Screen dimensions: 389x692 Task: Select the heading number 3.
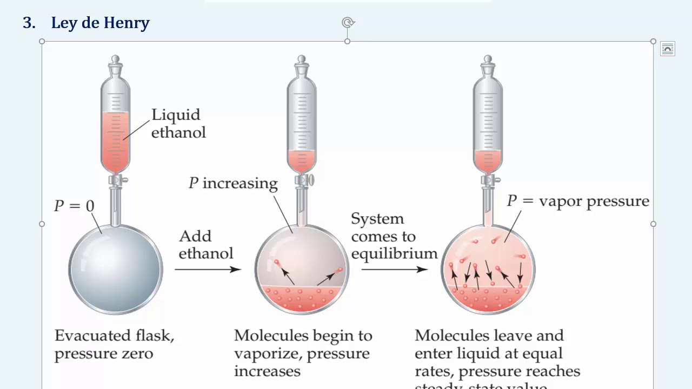tap(29, 23)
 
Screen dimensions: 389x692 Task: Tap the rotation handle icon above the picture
tap(348, 22)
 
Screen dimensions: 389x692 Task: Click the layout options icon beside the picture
tap(668, 49)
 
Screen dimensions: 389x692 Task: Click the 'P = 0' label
tap(74, 206)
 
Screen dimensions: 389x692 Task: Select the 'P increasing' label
tap(233, 183)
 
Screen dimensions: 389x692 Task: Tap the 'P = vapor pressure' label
tap(577, 201)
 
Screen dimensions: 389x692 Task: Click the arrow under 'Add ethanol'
tap(208, 269)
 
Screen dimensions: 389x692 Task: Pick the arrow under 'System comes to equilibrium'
tap(394, 269)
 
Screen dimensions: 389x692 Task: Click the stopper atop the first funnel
tap(115, 64)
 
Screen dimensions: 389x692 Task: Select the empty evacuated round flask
tap(115, 269)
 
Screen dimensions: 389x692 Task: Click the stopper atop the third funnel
tap(488, 64)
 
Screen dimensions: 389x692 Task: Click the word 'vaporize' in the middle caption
tap(261, 354)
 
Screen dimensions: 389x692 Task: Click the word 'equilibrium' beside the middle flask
tap(394, 253)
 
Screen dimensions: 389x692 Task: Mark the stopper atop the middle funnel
tap(302, 64)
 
